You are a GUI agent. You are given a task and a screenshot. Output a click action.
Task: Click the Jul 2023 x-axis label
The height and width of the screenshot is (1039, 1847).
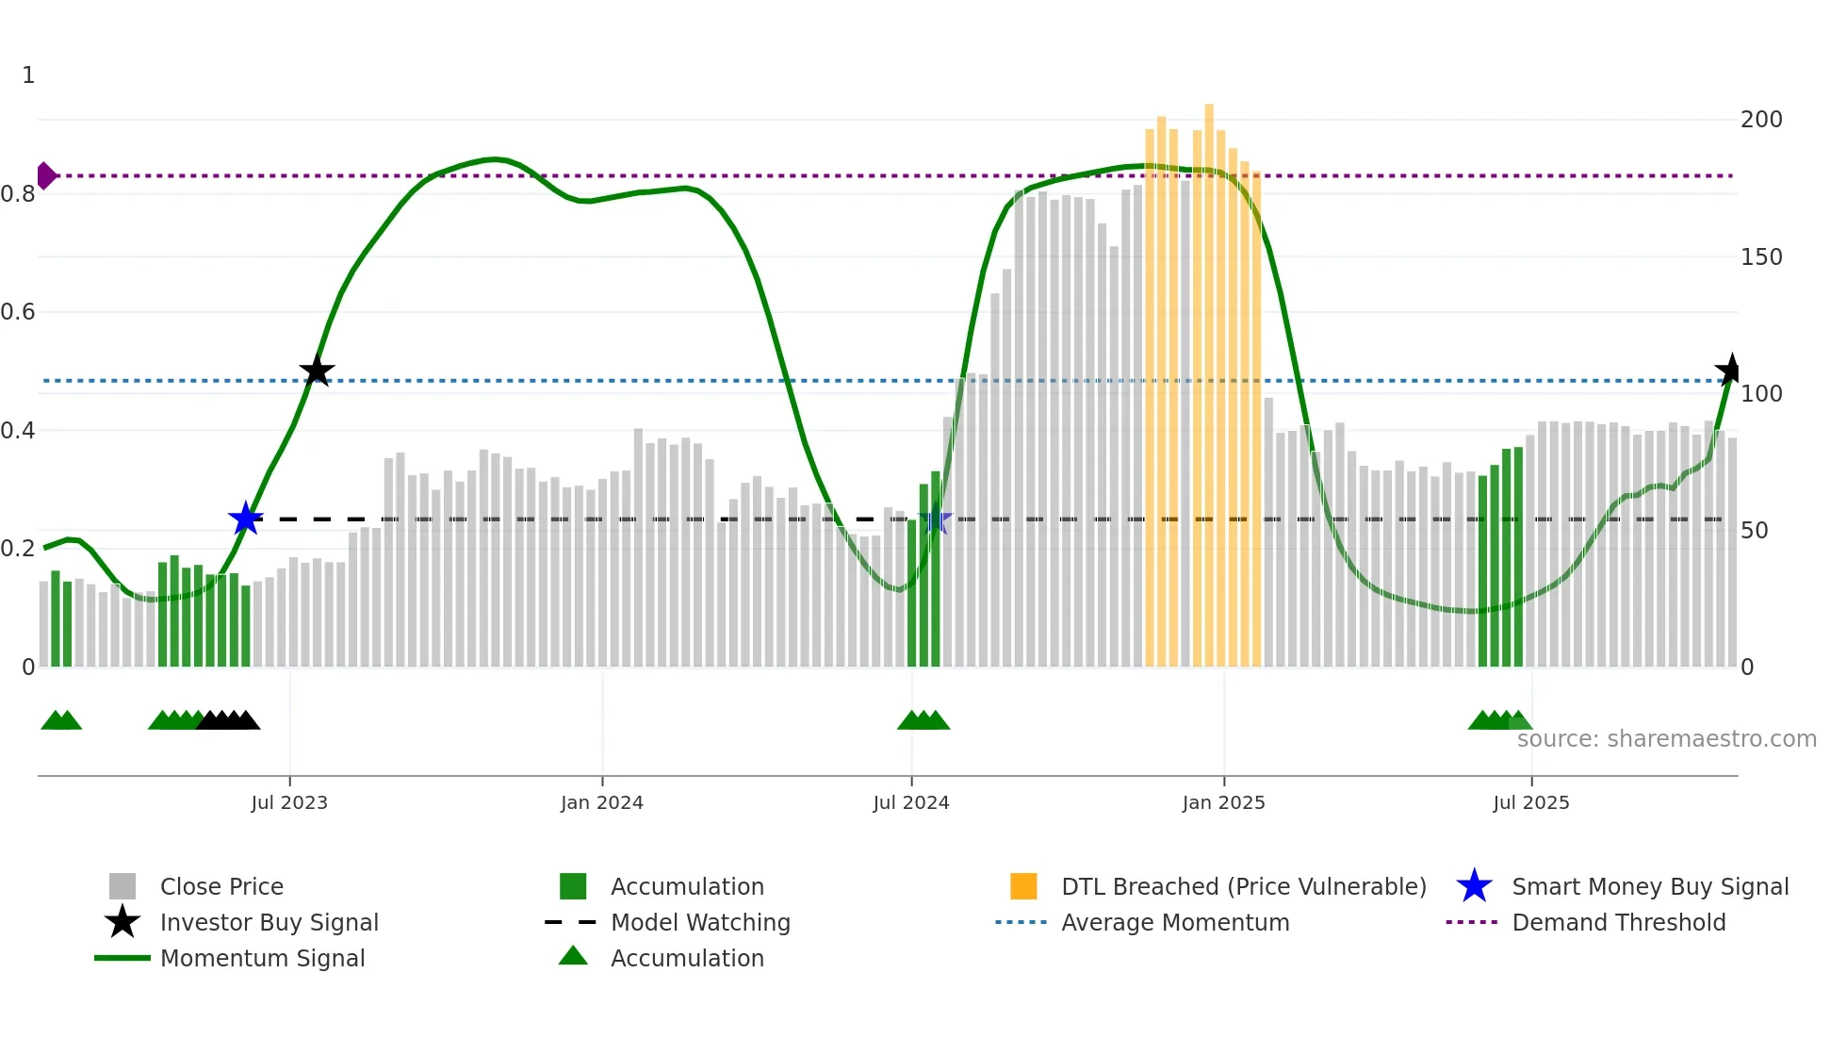point(289,802)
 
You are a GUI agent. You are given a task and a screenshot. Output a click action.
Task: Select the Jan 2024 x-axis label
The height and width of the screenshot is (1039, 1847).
point(601,802)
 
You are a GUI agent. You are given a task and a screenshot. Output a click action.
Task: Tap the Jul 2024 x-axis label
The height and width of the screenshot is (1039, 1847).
point(911,802)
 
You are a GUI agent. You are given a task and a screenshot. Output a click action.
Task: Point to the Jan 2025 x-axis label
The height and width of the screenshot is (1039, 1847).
point(1223,802)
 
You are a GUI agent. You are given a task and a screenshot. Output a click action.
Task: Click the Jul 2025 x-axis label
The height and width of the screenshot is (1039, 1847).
point(1531,802)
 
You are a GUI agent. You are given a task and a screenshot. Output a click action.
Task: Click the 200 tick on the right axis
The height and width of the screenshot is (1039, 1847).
point(1761,120)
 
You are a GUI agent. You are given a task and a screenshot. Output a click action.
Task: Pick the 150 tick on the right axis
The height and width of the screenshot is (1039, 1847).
point(1761,257)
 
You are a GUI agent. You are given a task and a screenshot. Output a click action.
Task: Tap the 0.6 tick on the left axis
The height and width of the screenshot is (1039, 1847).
point(19,312)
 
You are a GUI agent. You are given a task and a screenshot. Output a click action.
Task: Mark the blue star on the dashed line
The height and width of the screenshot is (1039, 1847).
point(246,518)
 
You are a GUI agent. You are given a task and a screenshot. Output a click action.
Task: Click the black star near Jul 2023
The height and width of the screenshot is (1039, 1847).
point(317,371)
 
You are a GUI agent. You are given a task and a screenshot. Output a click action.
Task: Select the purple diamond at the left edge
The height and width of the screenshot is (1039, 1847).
point(45,175)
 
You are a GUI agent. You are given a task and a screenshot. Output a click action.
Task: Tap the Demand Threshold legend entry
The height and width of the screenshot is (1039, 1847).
point(1618,922)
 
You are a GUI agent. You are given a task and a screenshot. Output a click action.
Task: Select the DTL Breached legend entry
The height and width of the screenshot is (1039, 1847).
point(1243,886)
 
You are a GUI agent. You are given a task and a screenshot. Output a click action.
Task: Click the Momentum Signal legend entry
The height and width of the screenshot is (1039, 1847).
point(262,958)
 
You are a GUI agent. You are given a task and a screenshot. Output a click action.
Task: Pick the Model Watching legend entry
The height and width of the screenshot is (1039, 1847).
point(700,922)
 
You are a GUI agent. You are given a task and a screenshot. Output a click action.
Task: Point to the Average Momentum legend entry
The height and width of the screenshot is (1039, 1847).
point(1175,922)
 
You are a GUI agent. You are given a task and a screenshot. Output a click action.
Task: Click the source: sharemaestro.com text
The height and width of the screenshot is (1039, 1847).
point(1666,738)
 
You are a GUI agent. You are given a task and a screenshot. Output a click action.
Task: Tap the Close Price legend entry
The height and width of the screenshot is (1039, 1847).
point(221,886)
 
